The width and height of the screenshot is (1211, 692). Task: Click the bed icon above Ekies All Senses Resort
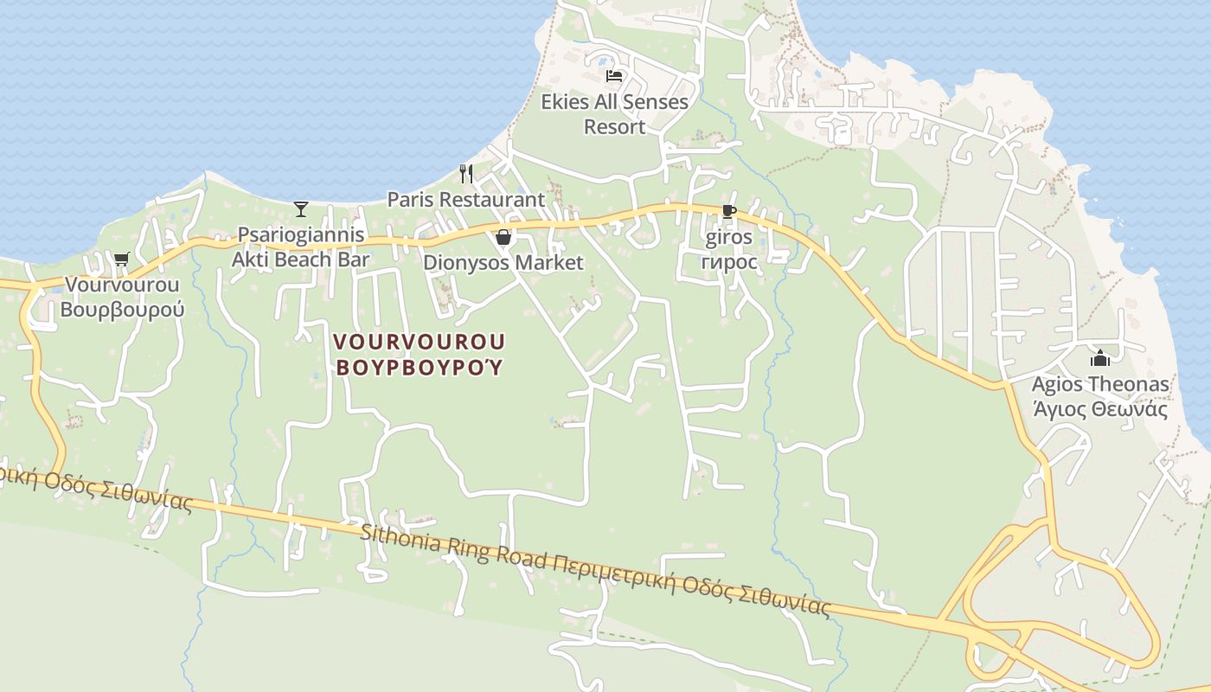coord(614,75)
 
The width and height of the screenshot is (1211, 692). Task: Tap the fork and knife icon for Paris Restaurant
coord(466,173)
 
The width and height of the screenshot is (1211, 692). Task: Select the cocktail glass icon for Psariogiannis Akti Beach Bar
coord(301,208)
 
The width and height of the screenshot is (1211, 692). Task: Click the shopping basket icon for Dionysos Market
coord(503,237)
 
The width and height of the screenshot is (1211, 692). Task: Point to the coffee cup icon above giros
coord(728,210)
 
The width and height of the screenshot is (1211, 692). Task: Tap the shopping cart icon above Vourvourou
coord(121,258)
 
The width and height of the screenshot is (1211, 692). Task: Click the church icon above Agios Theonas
coord(1100,357)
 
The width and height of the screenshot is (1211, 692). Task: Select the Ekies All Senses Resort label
coord(614,114)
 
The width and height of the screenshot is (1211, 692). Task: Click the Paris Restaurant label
coord(465,200)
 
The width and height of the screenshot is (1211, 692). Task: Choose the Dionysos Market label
coord(503,263)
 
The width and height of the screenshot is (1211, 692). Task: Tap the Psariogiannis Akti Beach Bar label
coord(301,247)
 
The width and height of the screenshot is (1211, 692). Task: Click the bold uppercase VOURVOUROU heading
coord(420,341)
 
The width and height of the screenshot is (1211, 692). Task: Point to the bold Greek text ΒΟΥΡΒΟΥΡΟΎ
coord(420,367)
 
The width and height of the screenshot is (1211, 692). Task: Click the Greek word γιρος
coord(728,261)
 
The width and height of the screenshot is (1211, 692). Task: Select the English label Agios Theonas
coord(1100,384)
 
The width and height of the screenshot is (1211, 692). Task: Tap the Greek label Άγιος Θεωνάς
coord(1100,410)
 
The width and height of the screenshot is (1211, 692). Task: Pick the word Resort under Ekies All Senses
coord(614,127)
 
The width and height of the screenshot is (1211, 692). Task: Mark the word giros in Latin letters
coord(728,237)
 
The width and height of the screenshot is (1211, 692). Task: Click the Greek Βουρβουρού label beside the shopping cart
coord(122,310)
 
